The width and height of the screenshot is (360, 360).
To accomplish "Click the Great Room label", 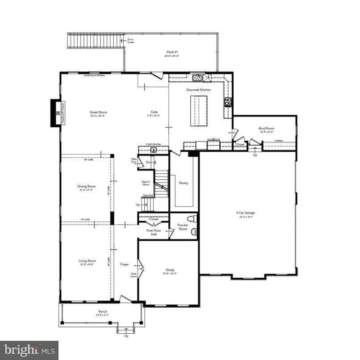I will (x=98, y=113).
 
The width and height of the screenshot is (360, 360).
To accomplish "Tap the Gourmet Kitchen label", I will (x=198, y=90).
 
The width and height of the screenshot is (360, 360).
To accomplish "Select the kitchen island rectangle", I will (x=199, y=111).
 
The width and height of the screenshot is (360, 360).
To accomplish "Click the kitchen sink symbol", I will (x=198, y=78).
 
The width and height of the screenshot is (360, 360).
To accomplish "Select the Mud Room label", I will (x=266, y=129).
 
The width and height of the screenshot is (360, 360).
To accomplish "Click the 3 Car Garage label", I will (x=245, y=213).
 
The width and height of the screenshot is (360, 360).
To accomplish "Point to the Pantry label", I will (x=183, y=183).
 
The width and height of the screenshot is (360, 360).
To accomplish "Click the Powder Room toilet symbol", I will (x=193, y=219).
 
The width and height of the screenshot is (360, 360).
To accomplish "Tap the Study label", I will (x=170, y=270).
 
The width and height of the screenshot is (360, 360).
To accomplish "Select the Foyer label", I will (x=125, y=264).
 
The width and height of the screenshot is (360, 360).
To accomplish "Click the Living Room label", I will (x=87, y=261).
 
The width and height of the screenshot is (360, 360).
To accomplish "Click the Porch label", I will (x=103, y=311).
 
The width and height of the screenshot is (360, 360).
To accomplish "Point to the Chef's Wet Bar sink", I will (x=153, y=150).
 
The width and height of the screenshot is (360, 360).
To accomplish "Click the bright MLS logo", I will (x=29, y=350).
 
